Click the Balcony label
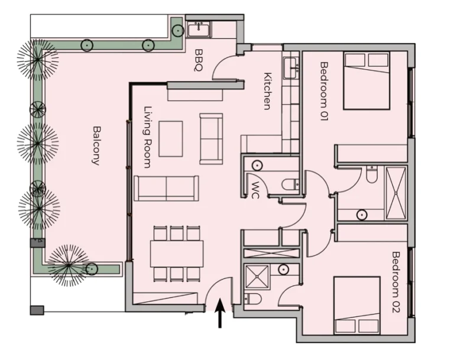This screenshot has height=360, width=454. coord(96,145)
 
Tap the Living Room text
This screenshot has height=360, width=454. coord(148,137)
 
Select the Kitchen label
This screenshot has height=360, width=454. coord(268,91)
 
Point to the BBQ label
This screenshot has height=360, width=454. coord(199,60)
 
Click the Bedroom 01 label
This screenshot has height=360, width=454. coord(325,91)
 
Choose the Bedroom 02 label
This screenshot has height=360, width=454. coord(395,282)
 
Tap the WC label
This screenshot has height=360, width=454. coord(255,190)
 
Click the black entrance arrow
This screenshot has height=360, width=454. coord(220,313)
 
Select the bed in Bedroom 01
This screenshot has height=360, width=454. coord(367,80)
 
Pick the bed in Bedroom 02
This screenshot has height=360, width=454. coord(356,305)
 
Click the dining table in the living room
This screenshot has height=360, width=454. coord(177,254)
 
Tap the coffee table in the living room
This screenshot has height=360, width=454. coord(171,139)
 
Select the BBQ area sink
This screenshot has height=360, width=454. coord(199,30)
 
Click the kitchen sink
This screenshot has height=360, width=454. coord(290,68)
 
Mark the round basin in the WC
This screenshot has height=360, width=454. coord(257,166)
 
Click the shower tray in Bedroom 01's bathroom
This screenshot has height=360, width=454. coord(396,193)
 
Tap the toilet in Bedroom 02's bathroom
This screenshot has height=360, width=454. coord(253,299)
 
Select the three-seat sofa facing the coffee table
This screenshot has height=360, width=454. coord(167,188)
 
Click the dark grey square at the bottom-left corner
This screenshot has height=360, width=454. coord(37,310)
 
